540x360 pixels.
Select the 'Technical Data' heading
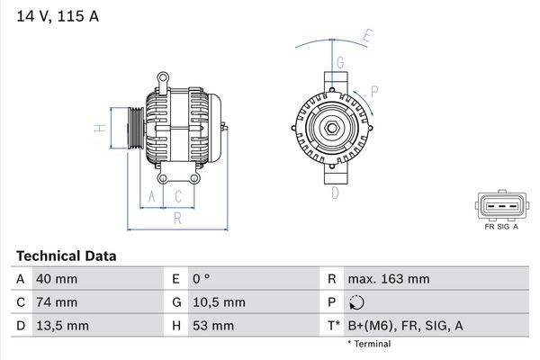(66, 256)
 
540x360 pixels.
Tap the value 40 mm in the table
(56, 279)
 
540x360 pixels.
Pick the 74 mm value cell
(56, 302)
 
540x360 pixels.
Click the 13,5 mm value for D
(61, 325)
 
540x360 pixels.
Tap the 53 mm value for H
(212, 325)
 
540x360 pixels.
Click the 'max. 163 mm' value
(390, 279)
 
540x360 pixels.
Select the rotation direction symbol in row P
(357, 302)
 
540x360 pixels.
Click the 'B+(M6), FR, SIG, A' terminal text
(406, 325)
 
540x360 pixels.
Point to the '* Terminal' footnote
(369, 344)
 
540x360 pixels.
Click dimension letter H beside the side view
(102, 127)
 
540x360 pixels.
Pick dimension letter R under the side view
(177, 217)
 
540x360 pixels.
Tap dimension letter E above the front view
(367, 37)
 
